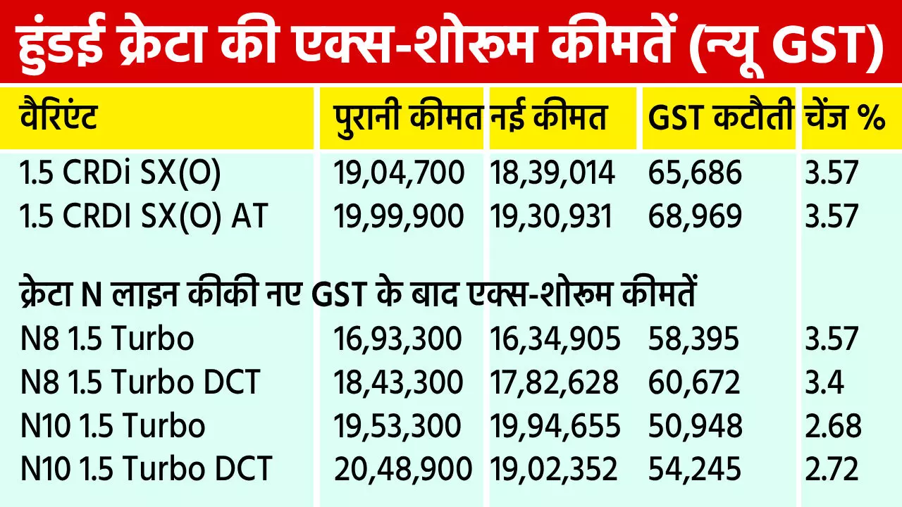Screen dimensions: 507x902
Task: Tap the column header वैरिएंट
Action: point(58,118)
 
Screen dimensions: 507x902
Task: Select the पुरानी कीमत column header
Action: point(408,118)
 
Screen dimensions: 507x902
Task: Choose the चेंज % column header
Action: point(844,118)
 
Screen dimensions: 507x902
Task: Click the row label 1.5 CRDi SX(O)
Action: point(121,173)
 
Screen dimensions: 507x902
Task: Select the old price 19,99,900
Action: point(399,216)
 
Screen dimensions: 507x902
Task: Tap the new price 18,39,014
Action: point(552,173)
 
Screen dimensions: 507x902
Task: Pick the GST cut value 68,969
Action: point(695,216)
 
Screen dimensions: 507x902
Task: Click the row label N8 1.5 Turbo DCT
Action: point(140,382)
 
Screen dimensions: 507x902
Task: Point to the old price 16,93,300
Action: point(397,339)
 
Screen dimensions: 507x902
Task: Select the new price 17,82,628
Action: point(554,382)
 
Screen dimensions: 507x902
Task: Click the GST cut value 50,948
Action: point(695,426)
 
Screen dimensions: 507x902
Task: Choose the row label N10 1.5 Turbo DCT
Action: point(146,469)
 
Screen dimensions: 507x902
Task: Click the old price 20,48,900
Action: point(402,469)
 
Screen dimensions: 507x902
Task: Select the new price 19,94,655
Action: point(555,426)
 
